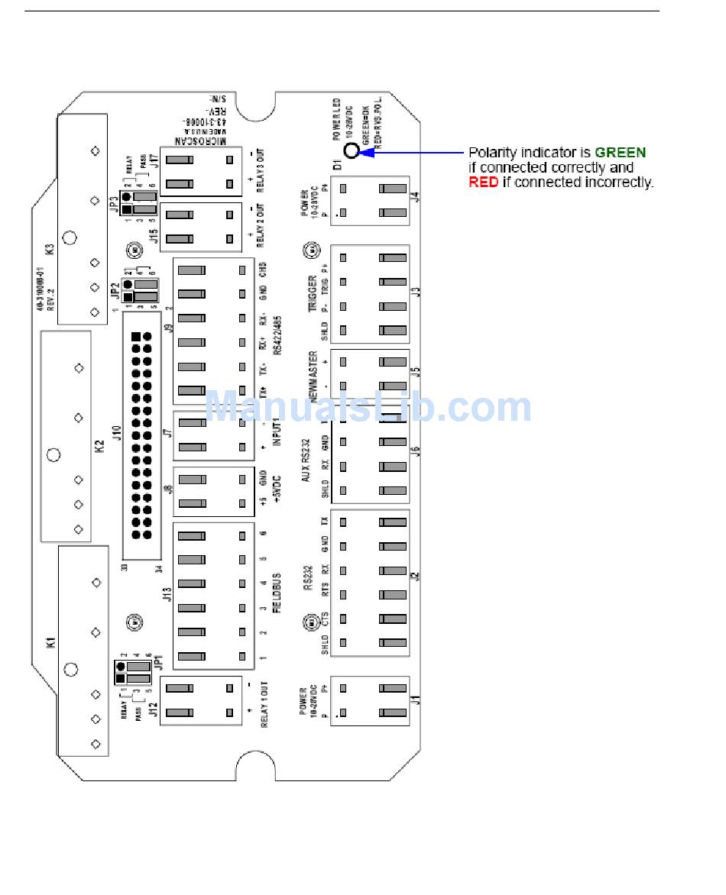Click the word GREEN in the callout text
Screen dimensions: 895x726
pyautogui.click(x=620, y=153)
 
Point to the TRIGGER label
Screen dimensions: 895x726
pyautogui.click(x=312, y=293)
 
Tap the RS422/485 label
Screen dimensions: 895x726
pyautogui.click(x=278, y=338)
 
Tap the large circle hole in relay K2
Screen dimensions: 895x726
pyautogui.click(x=53, y=455)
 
